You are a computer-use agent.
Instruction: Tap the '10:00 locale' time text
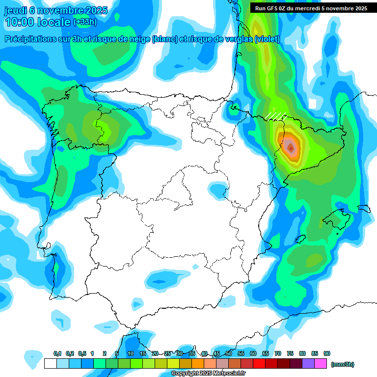click(x=38, y=22)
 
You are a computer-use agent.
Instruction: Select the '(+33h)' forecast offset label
click(x=85, y=22)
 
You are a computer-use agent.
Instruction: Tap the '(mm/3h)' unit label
click(x=342, y=364)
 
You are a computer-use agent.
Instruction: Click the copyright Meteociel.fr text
click(x=208, y=374)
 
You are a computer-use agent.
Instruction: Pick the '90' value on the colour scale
click(x=327, y=354)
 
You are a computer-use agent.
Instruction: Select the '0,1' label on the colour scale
click(x=57, y=354)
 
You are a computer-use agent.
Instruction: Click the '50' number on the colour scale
click(x=229, y=354)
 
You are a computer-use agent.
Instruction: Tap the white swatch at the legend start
click(x=50, y=364)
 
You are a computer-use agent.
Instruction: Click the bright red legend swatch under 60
click(x=259, y=364)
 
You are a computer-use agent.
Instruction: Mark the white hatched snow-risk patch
click(x=276, y=115)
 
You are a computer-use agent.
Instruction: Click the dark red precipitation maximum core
click(x=291, y=147)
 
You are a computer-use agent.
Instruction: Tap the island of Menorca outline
click(x=364, y=209)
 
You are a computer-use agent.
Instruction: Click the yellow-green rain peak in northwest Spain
click(x=104, y=127)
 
